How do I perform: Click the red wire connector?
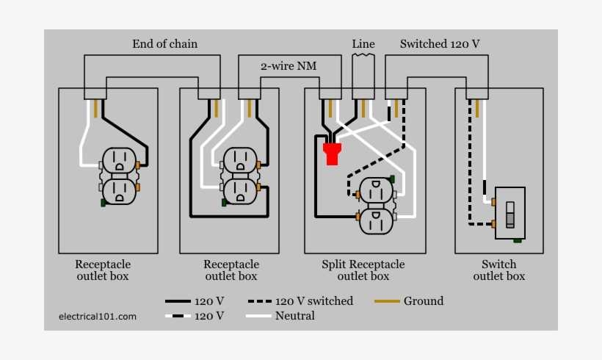point(332,154)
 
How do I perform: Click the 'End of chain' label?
point(164,44)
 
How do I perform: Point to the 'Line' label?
point(363,44)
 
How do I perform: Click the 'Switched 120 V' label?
point(440,44)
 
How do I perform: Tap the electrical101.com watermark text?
point(98,317)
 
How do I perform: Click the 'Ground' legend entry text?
point(424,301)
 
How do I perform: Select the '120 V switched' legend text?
point(313,301)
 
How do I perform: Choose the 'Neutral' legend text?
point(294,316)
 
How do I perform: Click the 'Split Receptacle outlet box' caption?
point(363,270)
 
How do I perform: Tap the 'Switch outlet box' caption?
point(498,270)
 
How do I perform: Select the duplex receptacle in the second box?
point(239,176)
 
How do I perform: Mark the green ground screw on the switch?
point(518,240)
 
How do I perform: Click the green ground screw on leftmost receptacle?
point(103,203)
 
